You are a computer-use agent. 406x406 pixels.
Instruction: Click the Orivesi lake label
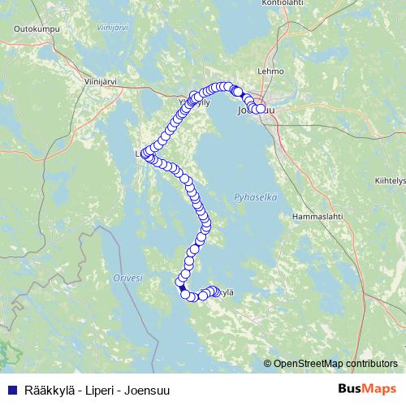pyautogui.click(x=128, y=278)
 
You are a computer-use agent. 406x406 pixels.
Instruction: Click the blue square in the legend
pyautogui.click(x=12, y=389)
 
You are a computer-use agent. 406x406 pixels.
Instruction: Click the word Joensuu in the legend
pyautogui.click(x=149, y=389)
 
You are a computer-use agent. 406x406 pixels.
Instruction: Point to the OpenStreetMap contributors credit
pyautogui.click(x=336, y=363)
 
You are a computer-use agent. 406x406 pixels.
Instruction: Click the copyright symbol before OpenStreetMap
pyautogui.click(x=268, y=363)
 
